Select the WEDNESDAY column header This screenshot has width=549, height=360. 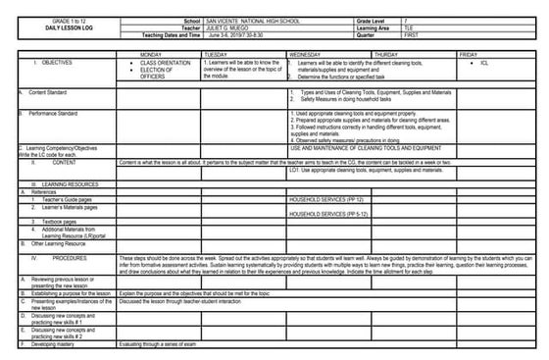[x=304, y=54]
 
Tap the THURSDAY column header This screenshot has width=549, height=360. [x=385, y=54]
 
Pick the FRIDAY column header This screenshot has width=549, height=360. [x=468, y=54]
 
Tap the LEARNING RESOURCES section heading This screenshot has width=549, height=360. [x=61, y=183]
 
